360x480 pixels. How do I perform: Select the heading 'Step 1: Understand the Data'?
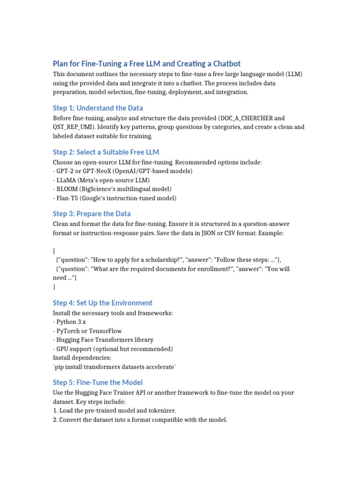pyautogui.click(x=98, y=108)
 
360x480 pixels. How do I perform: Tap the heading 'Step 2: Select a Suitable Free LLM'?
pyautogui.click(x=106, y=152)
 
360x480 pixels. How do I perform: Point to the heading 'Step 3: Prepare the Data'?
pyautogui.click(x=92, y=214)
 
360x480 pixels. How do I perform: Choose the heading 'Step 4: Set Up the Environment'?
pyautogui.click(x=103, y=303)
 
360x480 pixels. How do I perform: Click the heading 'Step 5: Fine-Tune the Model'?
pyautogui.click(x=98, y=382)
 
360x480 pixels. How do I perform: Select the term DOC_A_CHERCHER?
pyautogui.click(x=246, y=119)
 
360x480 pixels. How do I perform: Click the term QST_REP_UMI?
pyautogui.click(x=73, y=127)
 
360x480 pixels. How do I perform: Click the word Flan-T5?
pyautogui.click(x=67, y=198)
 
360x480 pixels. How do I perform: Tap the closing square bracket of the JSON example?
pyautogui.click(x=54, y=286)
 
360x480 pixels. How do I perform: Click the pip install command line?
pyautogui.click(x=114, y=367)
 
